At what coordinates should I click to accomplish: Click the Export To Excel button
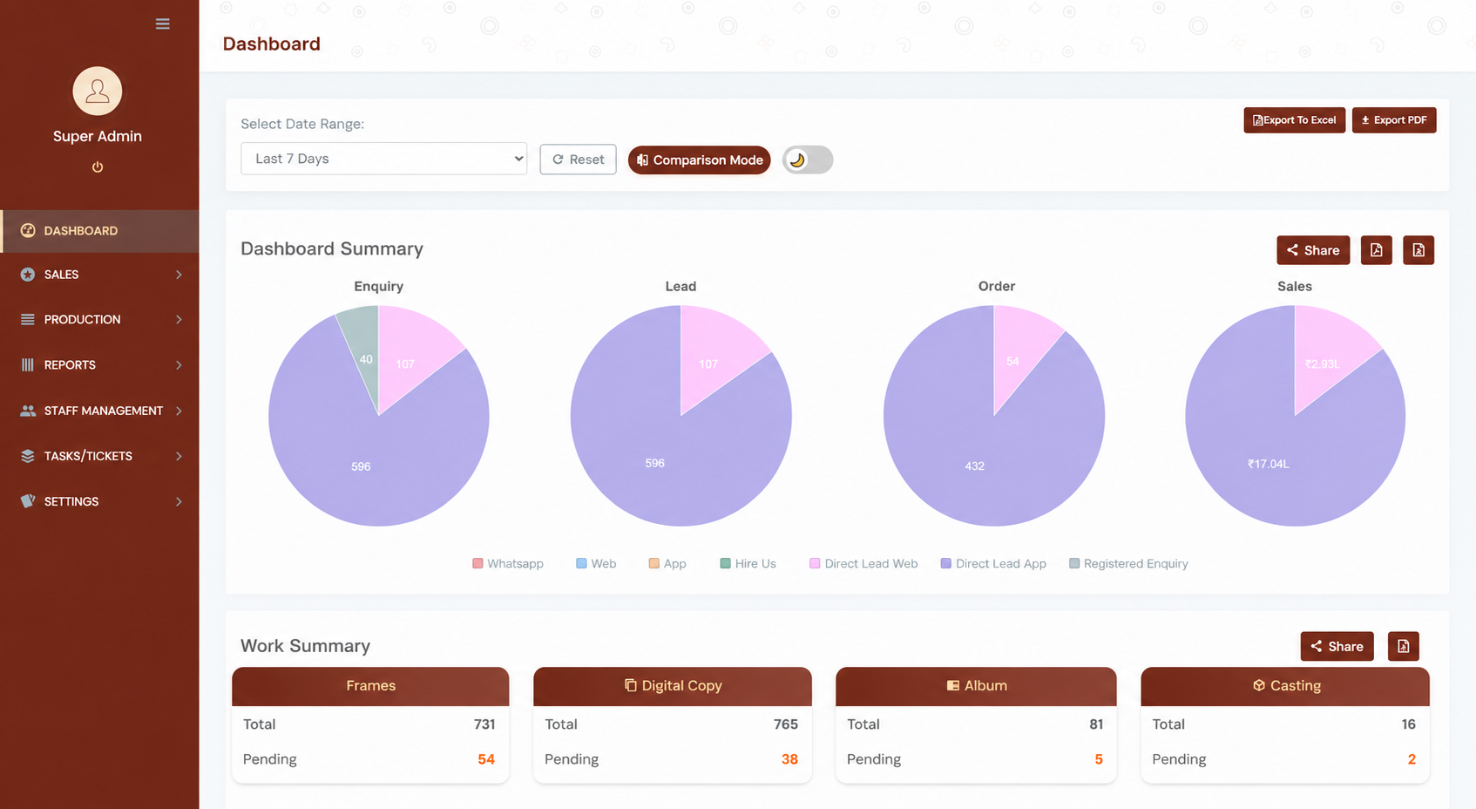pyautogui.click(x=1294, y=120)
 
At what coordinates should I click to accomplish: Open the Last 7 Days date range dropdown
pyautogui.click(x=383, y=159)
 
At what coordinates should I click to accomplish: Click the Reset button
pyautogui.click(x=578, y=160)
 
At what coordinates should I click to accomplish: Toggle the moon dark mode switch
pyautogui.click(x=807, y=160)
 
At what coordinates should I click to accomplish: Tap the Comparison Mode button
pyautogui.click(x=699, y=160)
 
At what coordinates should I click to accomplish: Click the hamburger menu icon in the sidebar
pyautogui.click(x=163, y=24)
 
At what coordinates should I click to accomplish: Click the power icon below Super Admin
pyautogui.click(x=98, y=167)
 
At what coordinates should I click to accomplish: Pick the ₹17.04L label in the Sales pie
pyautogui.click(x=1269, y=464)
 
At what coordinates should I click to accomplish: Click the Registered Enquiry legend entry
pyautogui.click(x=1128, y=564)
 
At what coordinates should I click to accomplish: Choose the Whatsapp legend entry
pyautogui.click(x=508, y=564)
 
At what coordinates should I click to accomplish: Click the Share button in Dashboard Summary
pyautogui.click(x=1313, y=250)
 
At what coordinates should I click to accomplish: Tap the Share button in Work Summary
pyautogui.click(x=1337, y=646)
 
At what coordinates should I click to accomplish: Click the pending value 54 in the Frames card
pyautogui.click(x=486, y=759)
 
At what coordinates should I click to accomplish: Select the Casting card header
pyautogui.click(x=1285, y=686)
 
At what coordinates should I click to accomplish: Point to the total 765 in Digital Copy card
pyautogui.click(x=785, y=724)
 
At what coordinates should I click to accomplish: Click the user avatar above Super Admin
pyautogui.click(x=98, y=91)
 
